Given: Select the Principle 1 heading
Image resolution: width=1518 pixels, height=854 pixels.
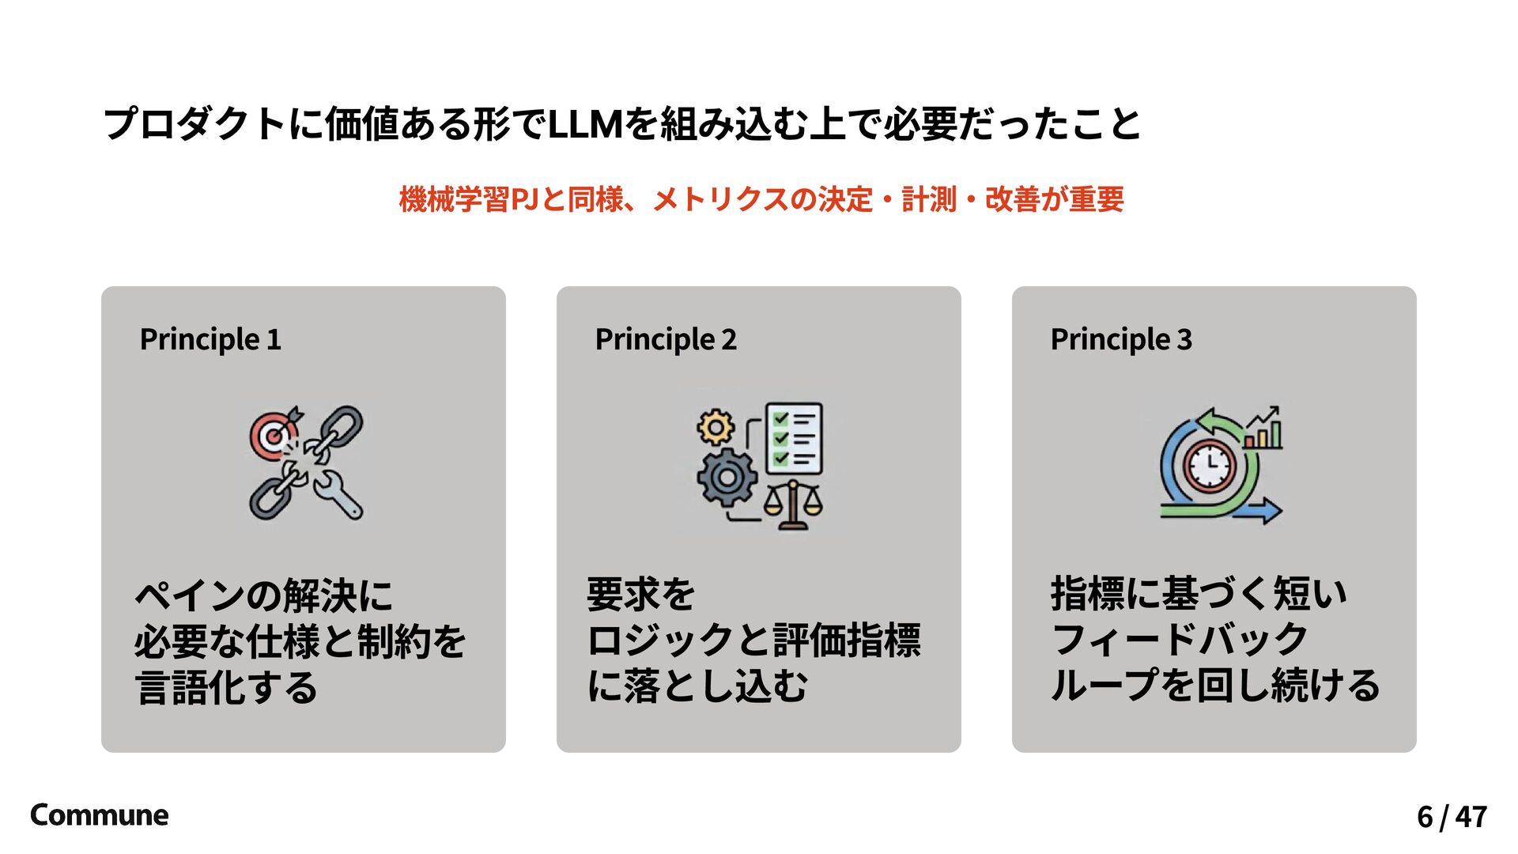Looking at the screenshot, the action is (x=210, y=339).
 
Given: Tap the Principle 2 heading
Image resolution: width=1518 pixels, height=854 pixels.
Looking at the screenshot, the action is (x=666, y=339).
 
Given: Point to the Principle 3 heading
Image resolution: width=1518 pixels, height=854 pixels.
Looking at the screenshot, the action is (x=1121, y=339).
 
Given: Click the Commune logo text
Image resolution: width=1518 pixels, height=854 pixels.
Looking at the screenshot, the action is (x=99, y=815).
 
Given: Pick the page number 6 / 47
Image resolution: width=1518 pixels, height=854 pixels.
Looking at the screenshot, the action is (x=1452, y=816).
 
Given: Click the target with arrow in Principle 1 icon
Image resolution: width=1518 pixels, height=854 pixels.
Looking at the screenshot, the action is (x=274, y=435).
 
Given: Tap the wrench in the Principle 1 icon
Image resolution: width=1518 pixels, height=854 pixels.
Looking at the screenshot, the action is (x=340, y=494).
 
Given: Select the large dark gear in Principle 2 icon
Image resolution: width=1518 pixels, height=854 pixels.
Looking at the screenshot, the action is (x=727, y=477).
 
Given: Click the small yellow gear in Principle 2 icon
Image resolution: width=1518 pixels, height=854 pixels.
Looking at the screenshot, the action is (x=716, y=428).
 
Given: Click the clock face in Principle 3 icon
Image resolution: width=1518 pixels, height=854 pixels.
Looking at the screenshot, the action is (x=1209, y=467).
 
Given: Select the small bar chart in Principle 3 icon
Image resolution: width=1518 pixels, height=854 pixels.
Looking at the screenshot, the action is (x=1263, y=432).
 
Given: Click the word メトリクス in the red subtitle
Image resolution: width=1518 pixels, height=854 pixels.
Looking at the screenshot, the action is (x=720, y=199).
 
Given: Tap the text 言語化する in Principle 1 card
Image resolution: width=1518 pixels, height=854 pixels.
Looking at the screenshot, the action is (x=226, y=687).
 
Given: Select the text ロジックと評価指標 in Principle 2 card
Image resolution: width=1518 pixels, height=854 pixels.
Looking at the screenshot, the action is (x=753, y=640).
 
